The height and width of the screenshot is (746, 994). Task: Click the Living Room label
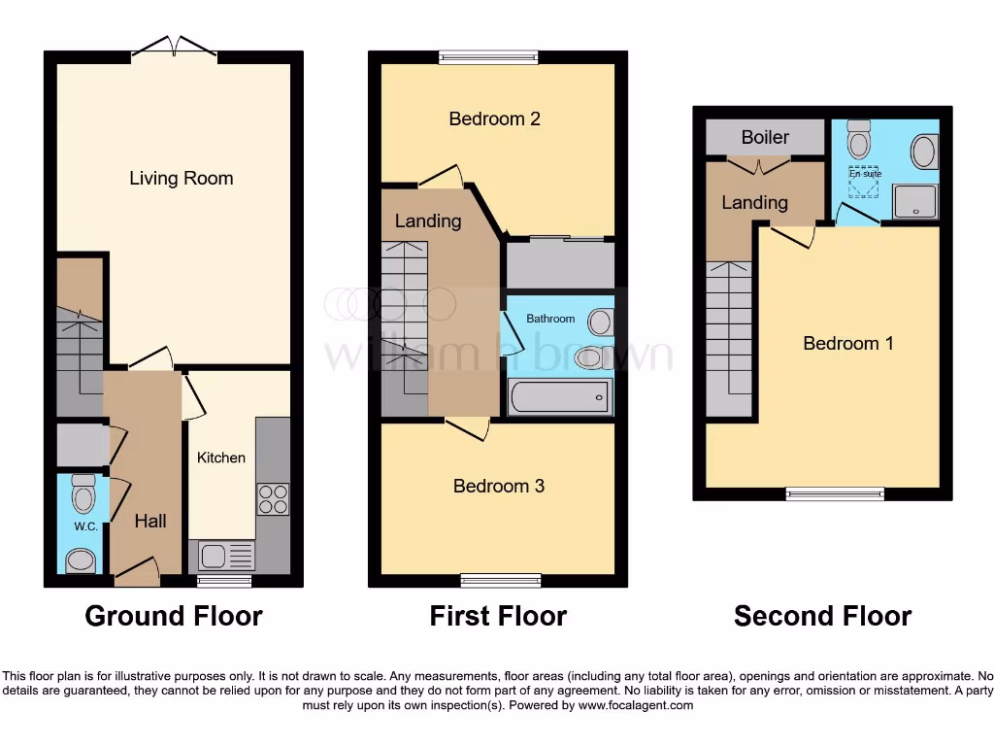182,178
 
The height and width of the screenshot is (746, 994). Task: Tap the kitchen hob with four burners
273,498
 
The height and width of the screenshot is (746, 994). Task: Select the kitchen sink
226,557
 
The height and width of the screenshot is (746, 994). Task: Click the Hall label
150,521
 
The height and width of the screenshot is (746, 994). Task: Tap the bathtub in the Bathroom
560,397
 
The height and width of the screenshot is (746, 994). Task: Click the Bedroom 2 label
494,119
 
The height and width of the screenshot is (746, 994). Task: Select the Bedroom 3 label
499,486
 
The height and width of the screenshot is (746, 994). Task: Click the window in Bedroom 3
501,581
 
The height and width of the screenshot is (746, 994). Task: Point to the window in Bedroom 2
487,57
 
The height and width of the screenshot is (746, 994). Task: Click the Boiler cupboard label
765,137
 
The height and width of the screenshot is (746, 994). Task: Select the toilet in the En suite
858,141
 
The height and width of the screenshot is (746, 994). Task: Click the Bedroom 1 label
848,343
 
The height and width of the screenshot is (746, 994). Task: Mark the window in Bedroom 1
835,493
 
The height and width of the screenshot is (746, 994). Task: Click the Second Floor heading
822,616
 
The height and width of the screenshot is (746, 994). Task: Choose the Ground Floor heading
174,616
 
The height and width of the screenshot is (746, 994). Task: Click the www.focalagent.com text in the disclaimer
636,705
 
